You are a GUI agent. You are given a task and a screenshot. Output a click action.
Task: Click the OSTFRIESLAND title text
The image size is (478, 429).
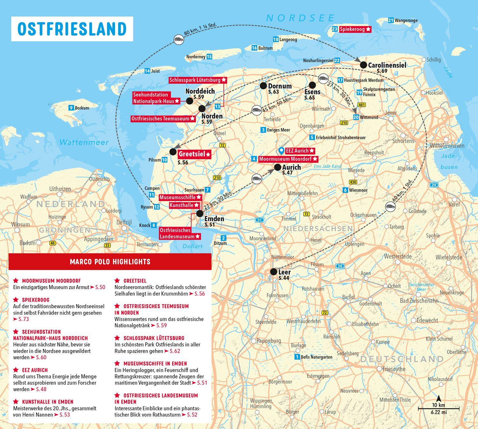(72, 29)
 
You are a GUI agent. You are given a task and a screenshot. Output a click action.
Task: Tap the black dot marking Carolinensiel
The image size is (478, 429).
(363, 65)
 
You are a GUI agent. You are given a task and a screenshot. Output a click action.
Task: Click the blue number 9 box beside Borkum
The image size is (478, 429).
(71, 108)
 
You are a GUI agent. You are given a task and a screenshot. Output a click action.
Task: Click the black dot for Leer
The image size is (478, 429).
(273, 272)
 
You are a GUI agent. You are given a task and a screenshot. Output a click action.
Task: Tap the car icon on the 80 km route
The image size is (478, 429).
(179, 40)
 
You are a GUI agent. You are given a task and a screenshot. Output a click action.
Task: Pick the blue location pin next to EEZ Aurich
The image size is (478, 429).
(281, 150)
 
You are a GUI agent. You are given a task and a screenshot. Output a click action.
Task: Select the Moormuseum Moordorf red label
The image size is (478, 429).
(288, 159)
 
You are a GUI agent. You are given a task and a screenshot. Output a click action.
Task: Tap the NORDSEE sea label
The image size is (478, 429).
(301, 18)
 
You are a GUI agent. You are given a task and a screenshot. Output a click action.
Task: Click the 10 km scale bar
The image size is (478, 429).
(438, 408)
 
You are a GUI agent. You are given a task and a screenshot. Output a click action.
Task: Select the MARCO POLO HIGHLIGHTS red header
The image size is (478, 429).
(110, 262)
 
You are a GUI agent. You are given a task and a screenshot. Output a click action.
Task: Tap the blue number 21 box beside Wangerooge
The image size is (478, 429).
(391, 20)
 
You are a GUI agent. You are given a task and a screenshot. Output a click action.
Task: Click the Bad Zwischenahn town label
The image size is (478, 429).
(419, 301)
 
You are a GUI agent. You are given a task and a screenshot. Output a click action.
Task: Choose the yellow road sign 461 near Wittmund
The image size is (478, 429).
(361, 105)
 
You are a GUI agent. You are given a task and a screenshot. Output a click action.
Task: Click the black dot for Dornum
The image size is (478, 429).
(263, 86)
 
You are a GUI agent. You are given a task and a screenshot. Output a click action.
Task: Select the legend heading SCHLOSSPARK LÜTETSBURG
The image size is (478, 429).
(154, 338)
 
